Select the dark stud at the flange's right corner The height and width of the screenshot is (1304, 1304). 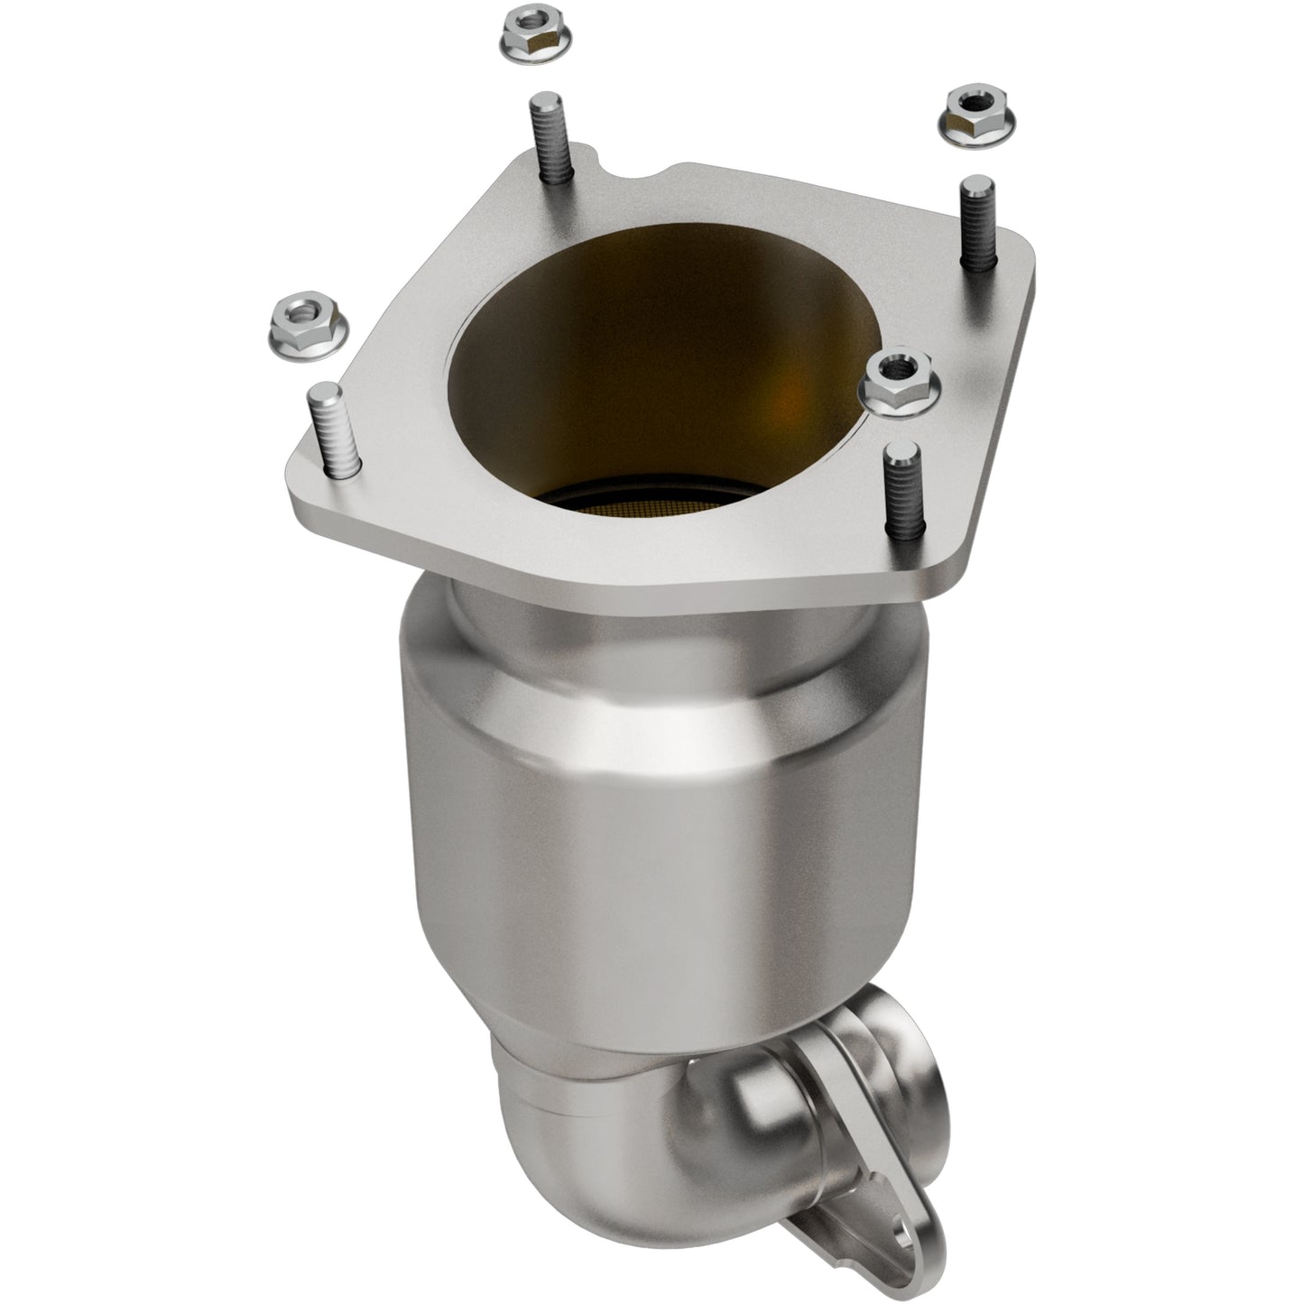click(977, 221)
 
